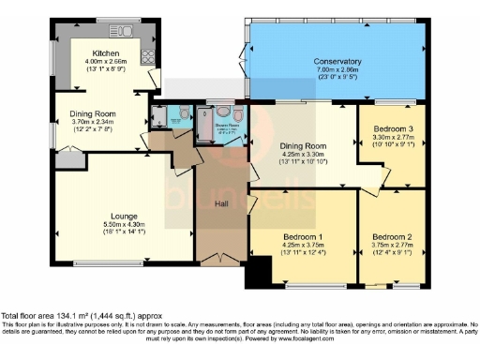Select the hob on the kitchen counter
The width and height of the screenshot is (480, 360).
pyautogui.click(x=147, y=56)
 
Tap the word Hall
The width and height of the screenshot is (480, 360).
pyautogui.click(x=221, y=203)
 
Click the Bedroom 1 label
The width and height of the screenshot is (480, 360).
pyautogui.click(x=302, y=238)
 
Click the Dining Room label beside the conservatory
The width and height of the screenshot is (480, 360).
pyautogui.click(x=302, y=146)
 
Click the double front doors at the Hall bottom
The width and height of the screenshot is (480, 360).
pyautogui.click(x=220, y=257)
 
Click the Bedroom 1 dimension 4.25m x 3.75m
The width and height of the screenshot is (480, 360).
pyautogui.click(x=302, y=247)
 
